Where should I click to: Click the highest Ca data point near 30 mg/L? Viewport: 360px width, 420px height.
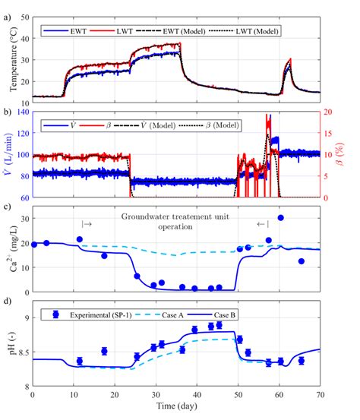tap(280, 218)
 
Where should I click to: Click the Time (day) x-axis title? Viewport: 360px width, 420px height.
tap(176, 408)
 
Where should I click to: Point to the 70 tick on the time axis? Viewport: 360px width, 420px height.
tap(321, 396)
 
